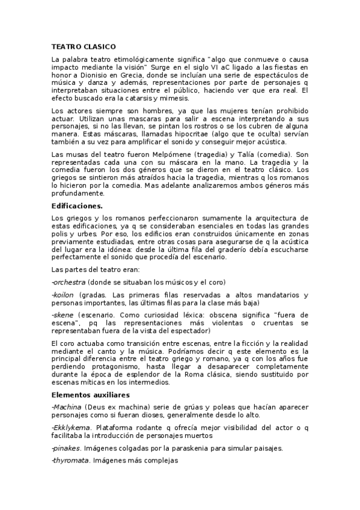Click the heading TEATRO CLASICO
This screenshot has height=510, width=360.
click(84, 46)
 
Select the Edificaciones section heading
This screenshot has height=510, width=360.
click(78, 205)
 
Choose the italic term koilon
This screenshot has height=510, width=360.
click(64, 295)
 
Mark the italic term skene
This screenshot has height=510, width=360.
click(63, 315)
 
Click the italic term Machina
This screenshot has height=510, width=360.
click(67, 407)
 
